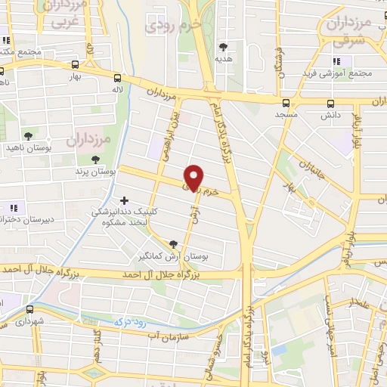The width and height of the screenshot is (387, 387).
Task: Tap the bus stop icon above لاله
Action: click(117, 77)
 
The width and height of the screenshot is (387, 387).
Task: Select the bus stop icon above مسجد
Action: click(286, 103)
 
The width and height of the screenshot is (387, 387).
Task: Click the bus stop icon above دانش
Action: click(330, 104)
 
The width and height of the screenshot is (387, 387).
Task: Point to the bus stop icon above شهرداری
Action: click(29, 309)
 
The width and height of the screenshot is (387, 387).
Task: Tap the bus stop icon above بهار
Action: click(74, 65)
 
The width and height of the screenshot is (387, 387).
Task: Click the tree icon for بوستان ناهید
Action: click(28, 137)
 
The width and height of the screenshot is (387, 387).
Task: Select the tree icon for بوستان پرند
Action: click(94, 159)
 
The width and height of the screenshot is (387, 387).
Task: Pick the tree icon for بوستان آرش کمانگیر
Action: click(175, 244)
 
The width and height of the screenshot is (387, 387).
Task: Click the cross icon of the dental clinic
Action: click(124, 201)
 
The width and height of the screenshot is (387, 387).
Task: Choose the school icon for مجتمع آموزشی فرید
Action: click(336, 60)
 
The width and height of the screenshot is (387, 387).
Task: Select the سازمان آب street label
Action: click(166, 333)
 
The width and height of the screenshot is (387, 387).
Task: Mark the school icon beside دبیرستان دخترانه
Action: click(13, 207)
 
